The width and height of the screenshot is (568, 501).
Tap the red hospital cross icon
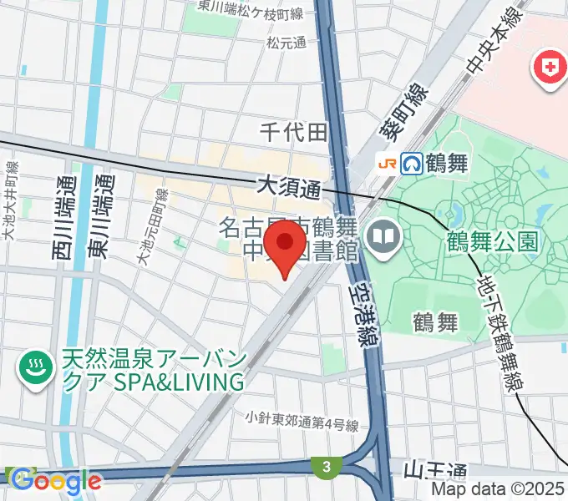(x=550, y=71)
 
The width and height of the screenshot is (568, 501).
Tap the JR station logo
(x=388, y=162)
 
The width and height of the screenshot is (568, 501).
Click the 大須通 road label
(x=289, y=186)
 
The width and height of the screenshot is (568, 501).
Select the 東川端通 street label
(x=104, y=210)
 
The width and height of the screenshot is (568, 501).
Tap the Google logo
(x=53, y=480)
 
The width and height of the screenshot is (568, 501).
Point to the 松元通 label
(x=287, y=42)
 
